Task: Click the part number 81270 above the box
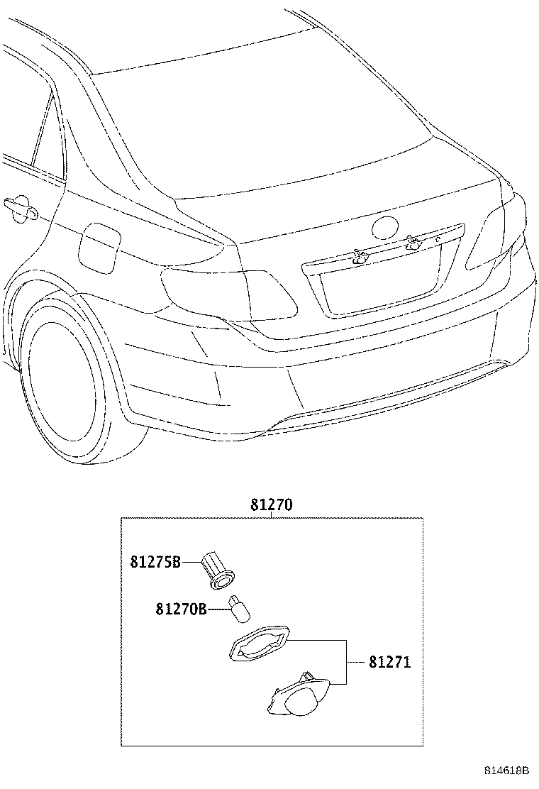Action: pyautogui.click(x=271, y=504)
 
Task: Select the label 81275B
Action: pyautogui.click(x=155, y=561)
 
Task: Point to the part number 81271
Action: pyautogui.click(x=389, y=662)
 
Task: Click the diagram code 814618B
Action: pyautogui.click(x=507, y=771)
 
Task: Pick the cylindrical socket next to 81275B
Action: pyautogui.click(x=219, y=570)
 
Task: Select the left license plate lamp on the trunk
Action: pyautogui.click(x=360, y=258)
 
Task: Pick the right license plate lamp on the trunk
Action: pyautogui.click(x=414, y=244)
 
